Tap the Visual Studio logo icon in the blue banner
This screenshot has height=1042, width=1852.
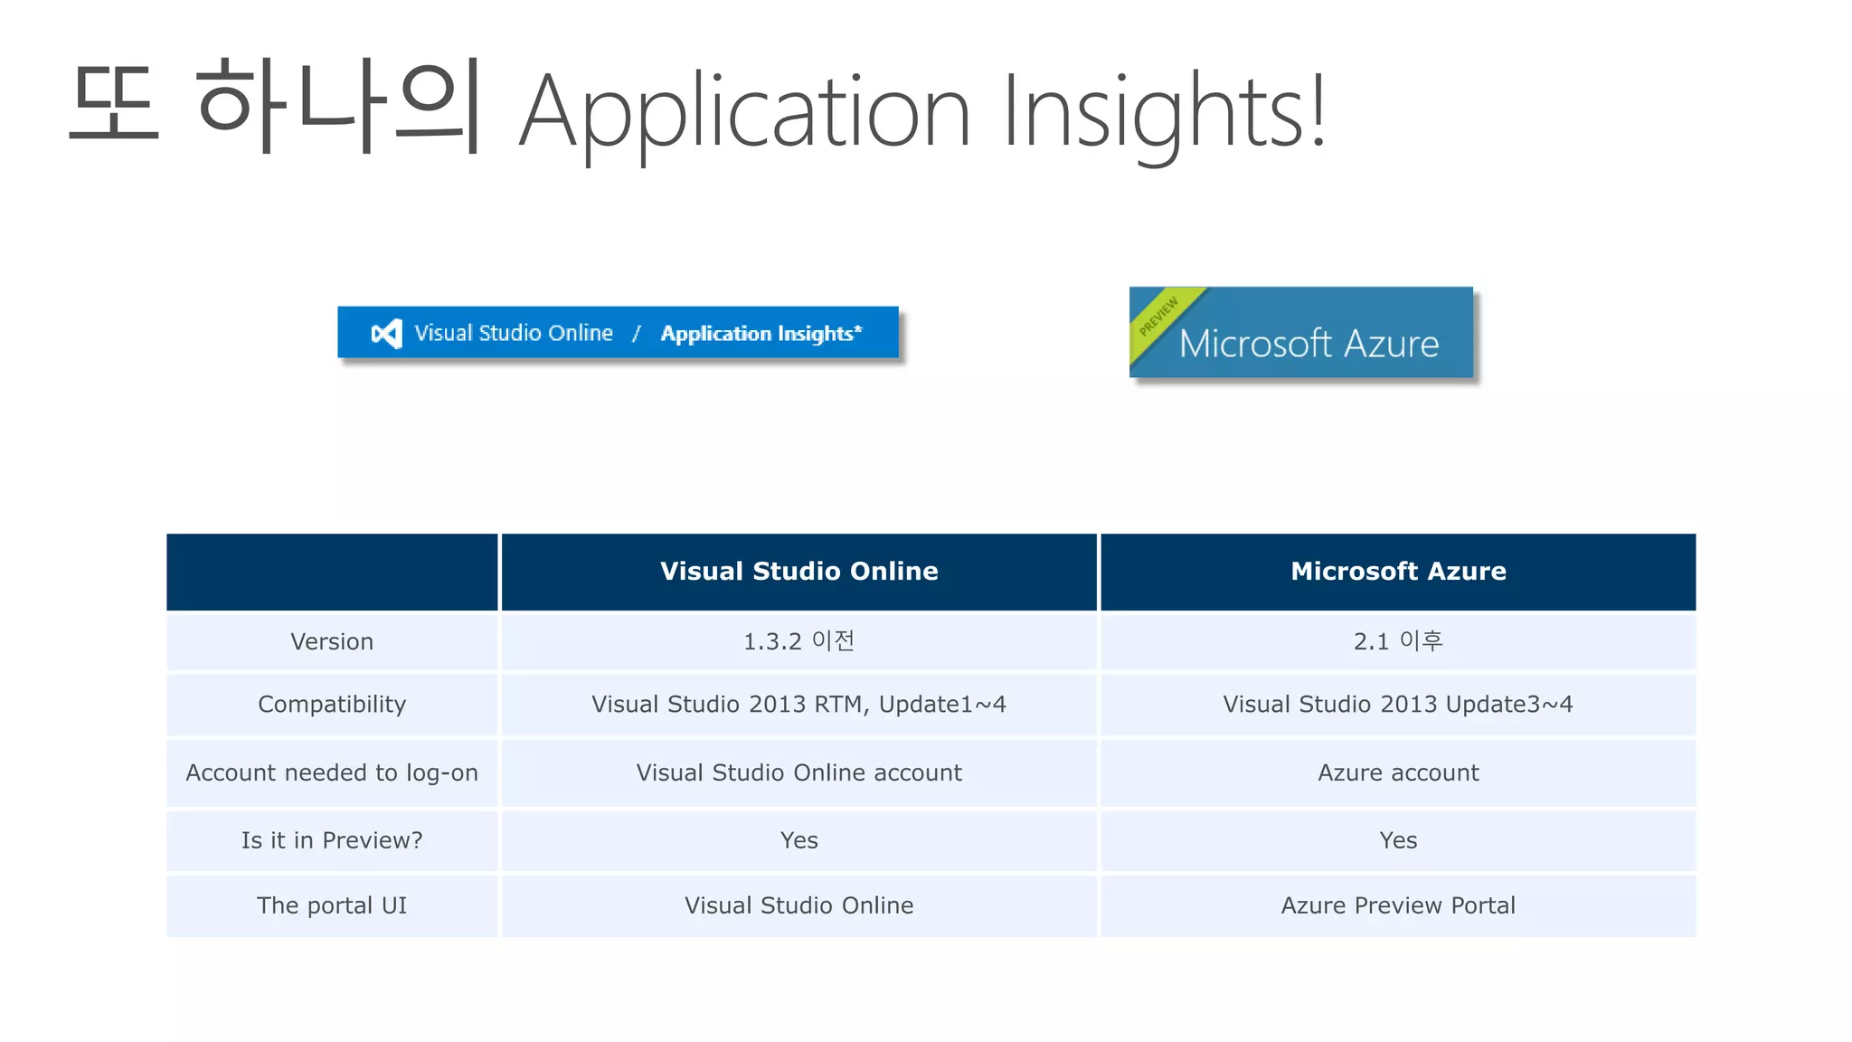pyautogui.click(x=386, y=334)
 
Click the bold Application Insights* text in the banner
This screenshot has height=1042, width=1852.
pyautogui.click(x=761, y=334)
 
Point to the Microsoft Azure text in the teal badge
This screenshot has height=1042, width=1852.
pyautogui.click(x=1309, y=345)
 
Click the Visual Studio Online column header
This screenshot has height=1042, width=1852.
pyautogui.click(x=798, y=572)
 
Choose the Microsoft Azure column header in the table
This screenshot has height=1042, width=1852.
pyautogui.click(x=1397, y=572)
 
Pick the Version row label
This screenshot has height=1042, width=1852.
pyautogui.click(x=332, y=642)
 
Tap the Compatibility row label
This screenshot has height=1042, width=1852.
pyautogui.click(x=332, y=705)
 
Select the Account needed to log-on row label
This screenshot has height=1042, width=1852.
pyautogui.click(x=332, y=773)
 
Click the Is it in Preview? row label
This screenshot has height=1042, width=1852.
pyautogui.click(x=332, y=841)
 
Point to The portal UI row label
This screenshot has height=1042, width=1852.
pyautogui.click(x=332, y=906)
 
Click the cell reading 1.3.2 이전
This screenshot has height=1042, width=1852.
pyautogui.click(x=798, y=642)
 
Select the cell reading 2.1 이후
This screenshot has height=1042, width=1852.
pyautogui.click(x=1397, y=642)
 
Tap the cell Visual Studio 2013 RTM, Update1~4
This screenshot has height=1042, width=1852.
pyautogui.click(x=798, y=705)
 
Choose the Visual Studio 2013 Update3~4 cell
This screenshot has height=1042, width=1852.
pyautogui.click(x=1397, y=705)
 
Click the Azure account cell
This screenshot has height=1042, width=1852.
pyautogui.click(x=1397, y=773)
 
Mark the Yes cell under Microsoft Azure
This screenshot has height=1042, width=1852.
pyautogui.click(x=1397, y=841)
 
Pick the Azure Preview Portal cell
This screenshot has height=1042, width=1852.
pyautogui.click(x=1397, y=906)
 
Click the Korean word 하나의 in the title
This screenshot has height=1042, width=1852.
pyautogui.click(x=337, y=107)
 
